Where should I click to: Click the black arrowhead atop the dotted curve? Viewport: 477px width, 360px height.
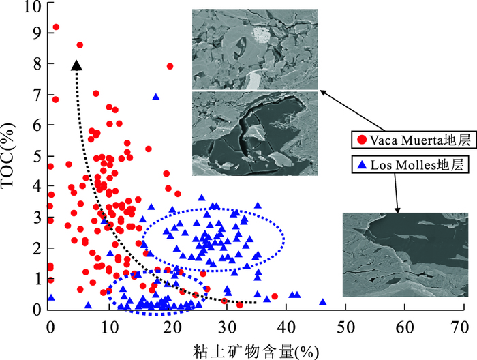pos(76,65)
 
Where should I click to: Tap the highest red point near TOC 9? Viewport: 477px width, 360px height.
pos(56,27)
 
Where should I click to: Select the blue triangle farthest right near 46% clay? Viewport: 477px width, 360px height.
pos(323,302)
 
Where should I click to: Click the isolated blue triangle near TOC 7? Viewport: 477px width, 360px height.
pos(156,97)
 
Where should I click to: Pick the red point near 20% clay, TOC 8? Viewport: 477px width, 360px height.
pos(170,66)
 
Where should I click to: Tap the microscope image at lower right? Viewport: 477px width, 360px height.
pos(405,254)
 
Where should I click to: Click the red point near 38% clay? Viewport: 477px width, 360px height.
pos(275,297)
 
